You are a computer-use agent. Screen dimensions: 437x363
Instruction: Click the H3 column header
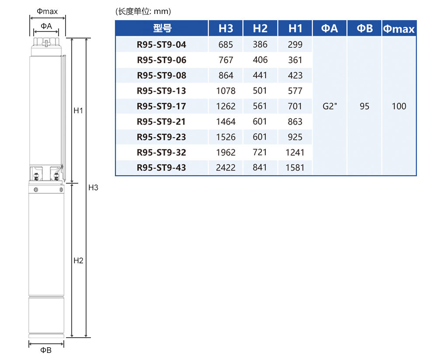(226, 28)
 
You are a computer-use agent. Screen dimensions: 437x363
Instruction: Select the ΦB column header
(364, 28)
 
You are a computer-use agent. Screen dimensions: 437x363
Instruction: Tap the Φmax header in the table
(399, 29)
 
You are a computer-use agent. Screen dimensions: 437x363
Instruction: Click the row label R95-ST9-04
(161, 45)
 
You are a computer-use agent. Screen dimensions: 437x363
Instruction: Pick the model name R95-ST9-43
(161, 168)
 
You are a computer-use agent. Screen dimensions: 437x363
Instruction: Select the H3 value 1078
(226, 91)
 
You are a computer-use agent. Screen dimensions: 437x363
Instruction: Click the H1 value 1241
(295, 152)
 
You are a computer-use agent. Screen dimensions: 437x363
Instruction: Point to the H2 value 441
(260, 75)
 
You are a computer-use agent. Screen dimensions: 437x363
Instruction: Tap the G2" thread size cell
(329, 106)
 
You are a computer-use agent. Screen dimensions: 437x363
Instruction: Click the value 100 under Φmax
(399, 106)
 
